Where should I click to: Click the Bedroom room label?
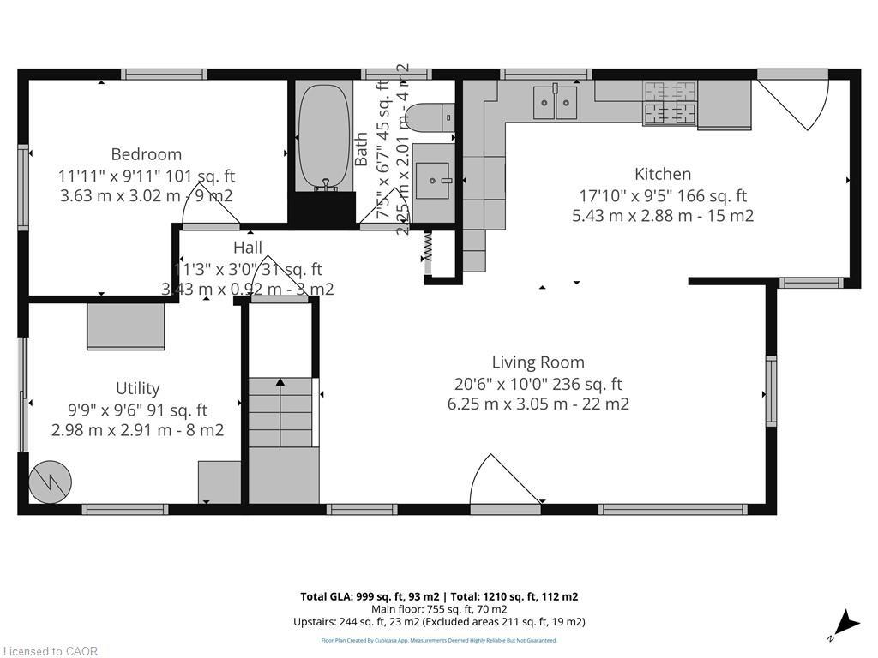146,154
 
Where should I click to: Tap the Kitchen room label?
662,174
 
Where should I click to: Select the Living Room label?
538,362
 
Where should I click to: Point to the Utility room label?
137,388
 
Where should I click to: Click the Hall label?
248,248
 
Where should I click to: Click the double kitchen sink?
556,102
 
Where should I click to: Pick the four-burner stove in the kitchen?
670,102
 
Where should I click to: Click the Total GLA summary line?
439,596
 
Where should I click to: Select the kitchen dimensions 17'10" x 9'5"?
663,195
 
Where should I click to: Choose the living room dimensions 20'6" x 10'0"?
538,384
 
